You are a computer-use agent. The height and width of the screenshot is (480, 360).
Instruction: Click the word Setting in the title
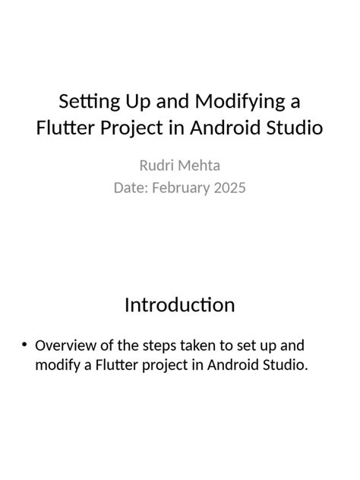point(86,101)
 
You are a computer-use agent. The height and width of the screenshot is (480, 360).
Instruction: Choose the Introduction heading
point(180,305)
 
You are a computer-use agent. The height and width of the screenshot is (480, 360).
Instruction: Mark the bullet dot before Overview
point(25,345)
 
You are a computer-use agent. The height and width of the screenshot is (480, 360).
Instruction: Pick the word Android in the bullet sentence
point(227,365)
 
